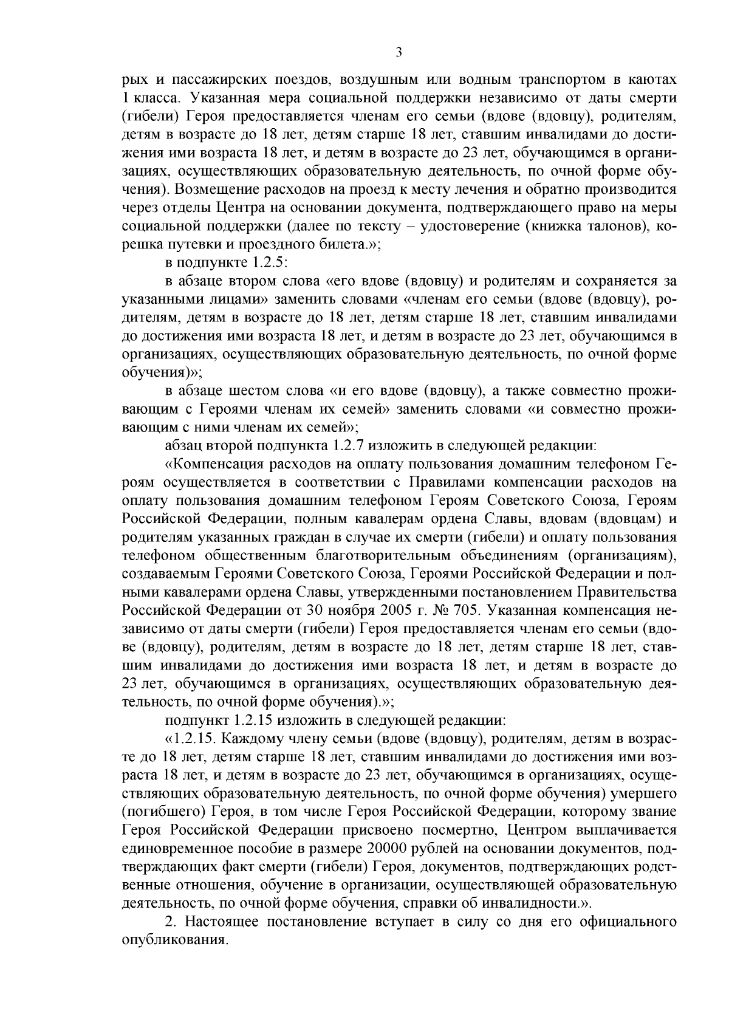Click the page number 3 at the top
(398, 53)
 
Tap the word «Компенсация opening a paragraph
(218, 464)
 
